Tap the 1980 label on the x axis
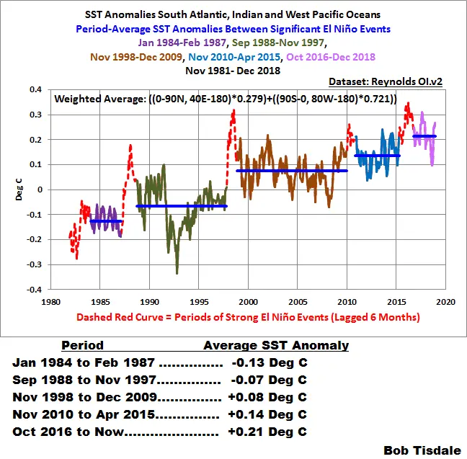[x=50, y=302]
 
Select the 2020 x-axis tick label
[x=445, y=302]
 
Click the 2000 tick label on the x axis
[x=248, y=302]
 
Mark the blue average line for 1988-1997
[x=181, y=206]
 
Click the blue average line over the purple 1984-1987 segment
[x=105, y=220]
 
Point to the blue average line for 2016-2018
[x=424, y=136]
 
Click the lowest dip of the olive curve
[x=177, y=273]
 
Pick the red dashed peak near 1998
[x=233, y=111]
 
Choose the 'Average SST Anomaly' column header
[x=276, y=345]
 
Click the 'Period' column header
[x=82, y=345]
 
